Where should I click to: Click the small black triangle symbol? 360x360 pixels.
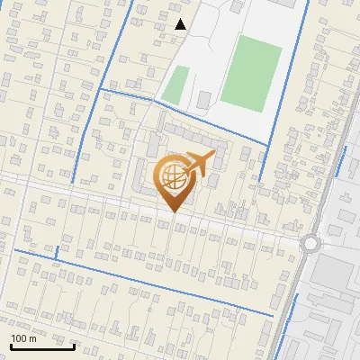coord(181,24)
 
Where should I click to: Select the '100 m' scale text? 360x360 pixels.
coord(23,338)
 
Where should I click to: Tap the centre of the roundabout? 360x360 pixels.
coord(312,243)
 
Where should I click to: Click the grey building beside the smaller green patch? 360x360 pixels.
coord(204,98)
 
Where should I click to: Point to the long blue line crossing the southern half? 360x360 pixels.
coord(144,281)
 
